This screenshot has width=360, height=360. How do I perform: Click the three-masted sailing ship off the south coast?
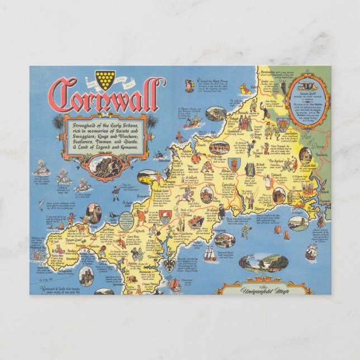coord(209,254)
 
